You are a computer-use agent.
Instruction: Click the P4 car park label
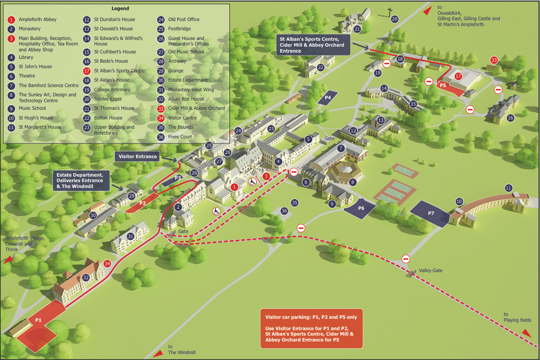tap(328, 98)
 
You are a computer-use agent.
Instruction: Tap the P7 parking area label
tap(431, 213)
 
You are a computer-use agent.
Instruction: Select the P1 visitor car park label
tap(38, 320)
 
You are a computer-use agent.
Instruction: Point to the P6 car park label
tap(361, 208)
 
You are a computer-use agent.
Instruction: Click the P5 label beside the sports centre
tap(443, 85)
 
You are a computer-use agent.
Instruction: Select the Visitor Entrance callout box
tap(138, 156)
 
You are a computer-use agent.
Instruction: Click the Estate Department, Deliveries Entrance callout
tap(81, 180)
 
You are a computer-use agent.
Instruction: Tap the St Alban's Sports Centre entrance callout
tap(313, 45)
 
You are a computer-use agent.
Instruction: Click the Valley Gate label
tap(431, 270)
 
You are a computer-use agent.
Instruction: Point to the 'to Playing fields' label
tap(517, 317)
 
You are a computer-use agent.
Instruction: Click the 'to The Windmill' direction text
tap(182, 349)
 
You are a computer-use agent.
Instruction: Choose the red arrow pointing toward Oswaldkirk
tap(427, 11)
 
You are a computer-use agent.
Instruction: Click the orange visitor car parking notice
tap(311, 328)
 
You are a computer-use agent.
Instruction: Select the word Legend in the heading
tap(120, 8)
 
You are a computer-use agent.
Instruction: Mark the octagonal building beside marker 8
tap(346, 172)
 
